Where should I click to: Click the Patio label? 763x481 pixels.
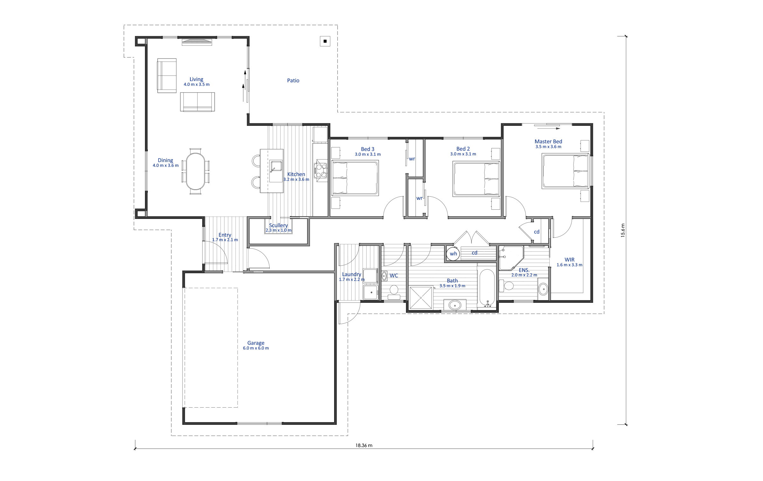293,81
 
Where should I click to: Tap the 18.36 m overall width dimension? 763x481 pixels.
364,445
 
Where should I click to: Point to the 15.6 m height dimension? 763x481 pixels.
623,230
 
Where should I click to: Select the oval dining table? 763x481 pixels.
195,171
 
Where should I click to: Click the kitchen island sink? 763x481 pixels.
276,166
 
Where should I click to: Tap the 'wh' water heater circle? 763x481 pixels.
453,254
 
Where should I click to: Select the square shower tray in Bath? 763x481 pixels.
421,298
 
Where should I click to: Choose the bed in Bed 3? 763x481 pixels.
355,178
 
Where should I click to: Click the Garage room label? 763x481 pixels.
256,343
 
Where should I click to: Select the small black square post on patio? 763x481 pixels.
325,41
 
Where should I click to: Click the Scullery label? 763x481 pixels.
278,225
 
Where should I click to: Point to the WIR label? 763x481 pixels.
569,260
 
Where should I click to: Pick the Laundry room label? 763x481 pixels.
352,274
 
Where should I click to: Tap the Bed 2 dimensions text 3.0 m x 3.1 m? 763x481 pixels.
463,154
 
